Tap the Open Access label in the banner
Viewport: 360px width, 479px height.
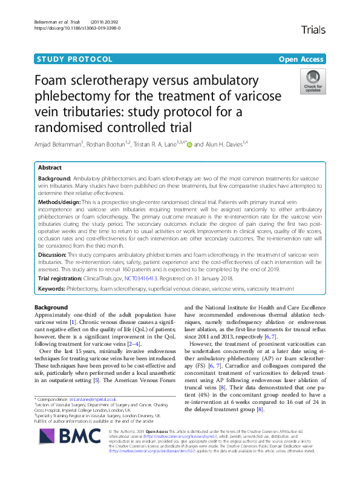(302, 59)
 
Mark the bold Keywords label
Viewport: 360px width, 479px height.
(53, 290)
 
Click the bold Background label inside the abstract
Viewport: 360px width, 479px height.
(56, 180)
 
